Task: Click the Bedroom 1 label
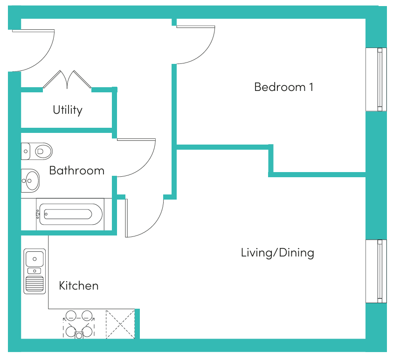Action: pyautogui.click(x=284, y=87)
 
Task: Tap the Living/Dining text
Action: pyautogui.click(x=277, y=253)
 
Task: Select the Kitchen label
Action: pyautogui.click(x=79, y=285)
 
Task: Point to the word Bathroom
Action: pyautogui.click(x=77, y=171)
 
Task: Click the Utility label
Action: pyautogui.click(x=68, y=110)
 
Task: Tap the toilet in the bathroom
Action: pyautogui.click(x=37, y=151)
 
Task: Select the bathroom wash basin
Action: pyautogui.click(x=30, y=180)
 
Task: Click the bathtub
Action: pyautogui.click(x=71, y=215)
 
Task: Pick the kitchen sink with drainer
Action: pyautogui.click(x=34, y=271)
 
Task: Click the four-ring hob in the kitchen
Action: pyautogui.click(x=79, y=325)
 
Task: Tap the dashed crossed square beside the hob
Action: pyautogui.click(x=120, y=324)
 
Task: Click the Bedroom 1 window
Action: pyautogui.click(x=376, y=79)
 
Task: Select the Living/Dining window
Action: pyautogui.click(x=376, y=271)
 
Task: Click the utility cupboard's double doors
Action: pyautogui.click(x=67, y=79)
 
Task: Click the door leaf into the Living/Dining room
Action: pyautogui.click(x=126, y=218)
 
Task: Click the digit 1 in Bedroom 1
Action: pyautogui.click(x=311, y=87)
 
